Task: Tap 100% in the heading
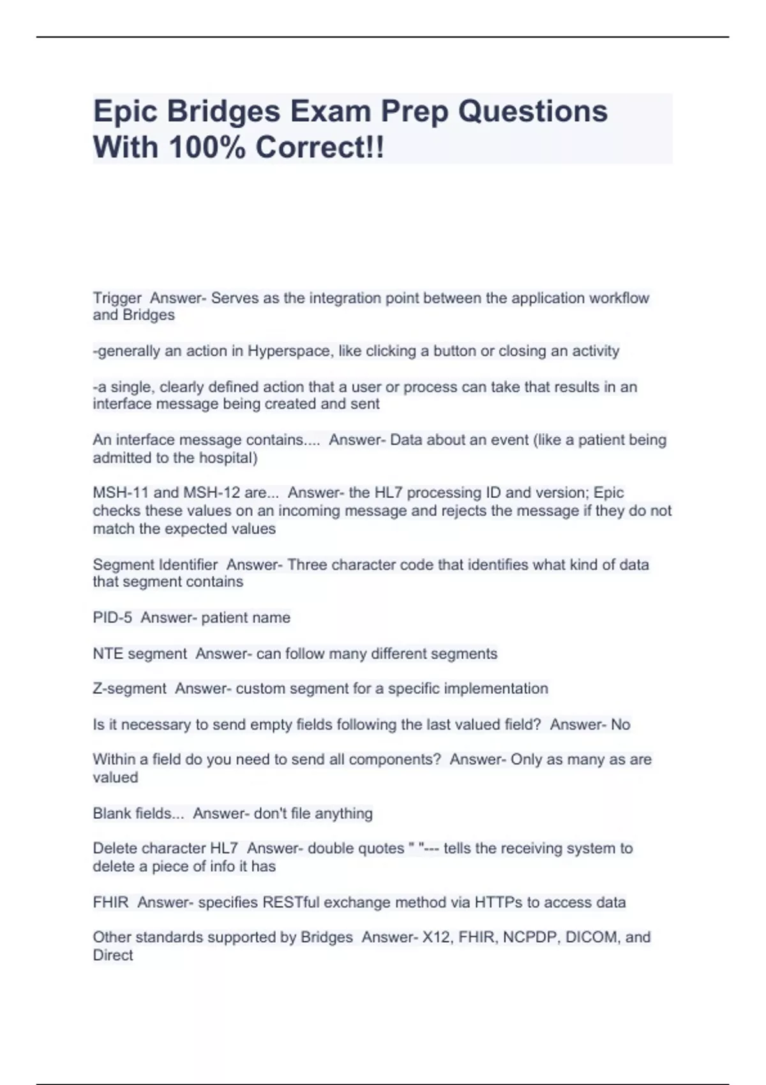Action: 207,148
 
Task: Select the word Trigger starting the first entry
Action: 117,298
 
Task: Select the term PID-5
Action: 112,618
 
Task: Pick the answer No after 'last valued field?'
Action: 620,724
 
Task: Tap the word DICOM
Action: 591,938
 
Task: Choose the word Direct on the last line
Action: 113,955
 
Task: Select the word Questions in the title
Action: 533,112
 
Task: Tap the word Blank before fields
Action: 111,814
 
